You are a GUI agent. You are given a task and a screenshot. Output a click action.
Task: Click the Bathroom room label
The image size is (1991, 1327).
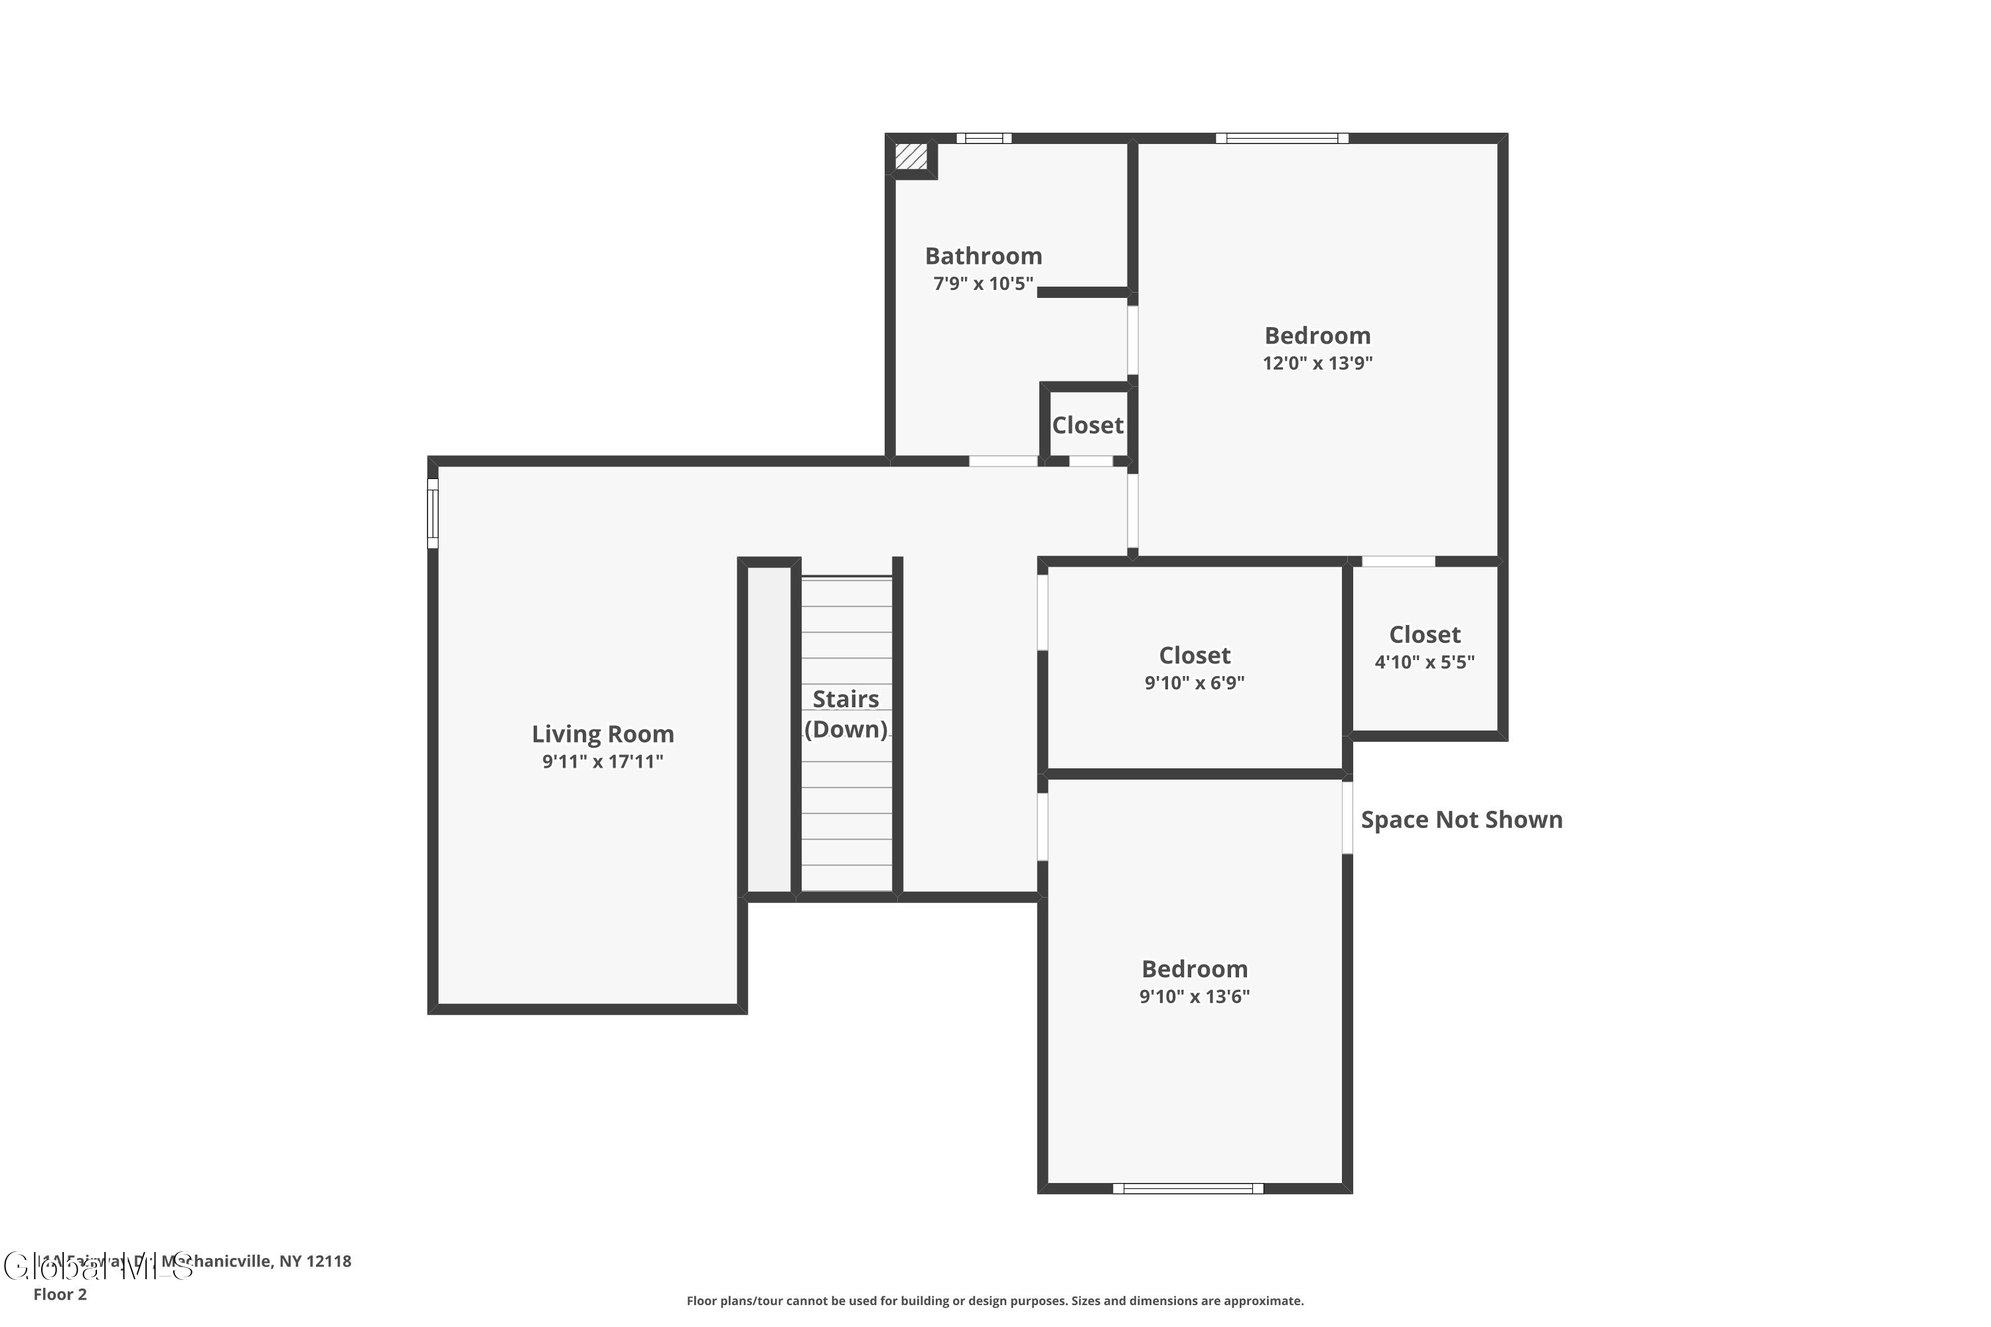coord(983,255)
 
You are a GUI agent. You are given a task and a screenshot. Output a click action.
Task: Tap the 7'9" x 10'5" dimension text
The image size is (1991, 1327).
coord(983,283)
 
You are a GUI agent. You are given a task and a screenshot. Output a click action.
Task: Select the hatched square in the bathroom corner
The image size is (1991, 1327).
coord(911,157)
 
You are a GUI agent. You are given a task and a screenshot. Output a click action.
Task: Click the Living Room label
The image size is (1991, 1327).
coord(603,734)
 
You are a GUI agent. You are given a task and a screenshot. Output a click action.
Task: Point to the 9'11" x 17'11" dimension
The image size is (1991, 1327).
coord(603,762)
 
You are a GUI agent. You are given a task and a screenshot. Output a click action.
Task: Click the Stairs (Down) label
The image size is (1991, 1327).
coord(846,713)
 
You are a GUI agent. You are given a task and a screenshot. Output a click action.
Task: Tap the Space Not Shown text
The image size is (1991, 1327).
coord(1461,819)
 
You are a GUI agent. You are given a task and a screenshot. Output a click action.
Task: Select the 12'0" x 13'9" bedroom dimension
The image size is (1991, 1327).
coord(1317,363)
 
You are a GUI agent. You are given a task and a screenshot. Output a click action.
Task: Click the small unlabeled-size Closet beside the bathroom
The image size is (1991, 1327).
coord(1087,425)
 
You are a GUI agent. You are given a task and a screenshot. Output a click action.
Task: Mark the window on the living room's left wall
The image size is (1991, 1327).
coord(433,513)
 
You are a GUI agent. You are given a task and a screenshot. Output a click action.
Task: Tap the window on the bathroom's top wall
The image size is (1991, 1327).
coord(984,138)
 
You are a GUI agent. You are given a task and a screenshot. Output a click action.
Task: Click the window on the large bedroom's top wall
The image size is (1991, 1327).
coord(1282,138)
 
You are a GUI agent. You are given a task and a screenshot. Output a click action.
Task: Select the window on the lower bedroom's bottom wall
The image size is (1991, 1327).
coord(1188,1188)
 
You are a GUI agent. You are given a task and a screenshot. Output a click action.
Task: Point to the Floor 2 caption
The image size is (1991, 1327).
coord(60,1294)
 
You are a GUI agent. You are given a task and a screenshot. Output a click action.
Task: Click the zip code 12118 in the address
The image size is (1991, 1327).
coord(329,1261)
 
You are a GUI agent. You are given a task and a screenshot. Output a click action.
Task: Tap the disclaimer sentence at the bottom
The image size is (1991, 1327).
coord(995,1300)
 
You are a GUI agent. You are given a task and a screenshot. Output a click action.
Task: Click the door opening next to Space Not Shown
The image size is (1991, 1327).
coord(1347,817)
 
